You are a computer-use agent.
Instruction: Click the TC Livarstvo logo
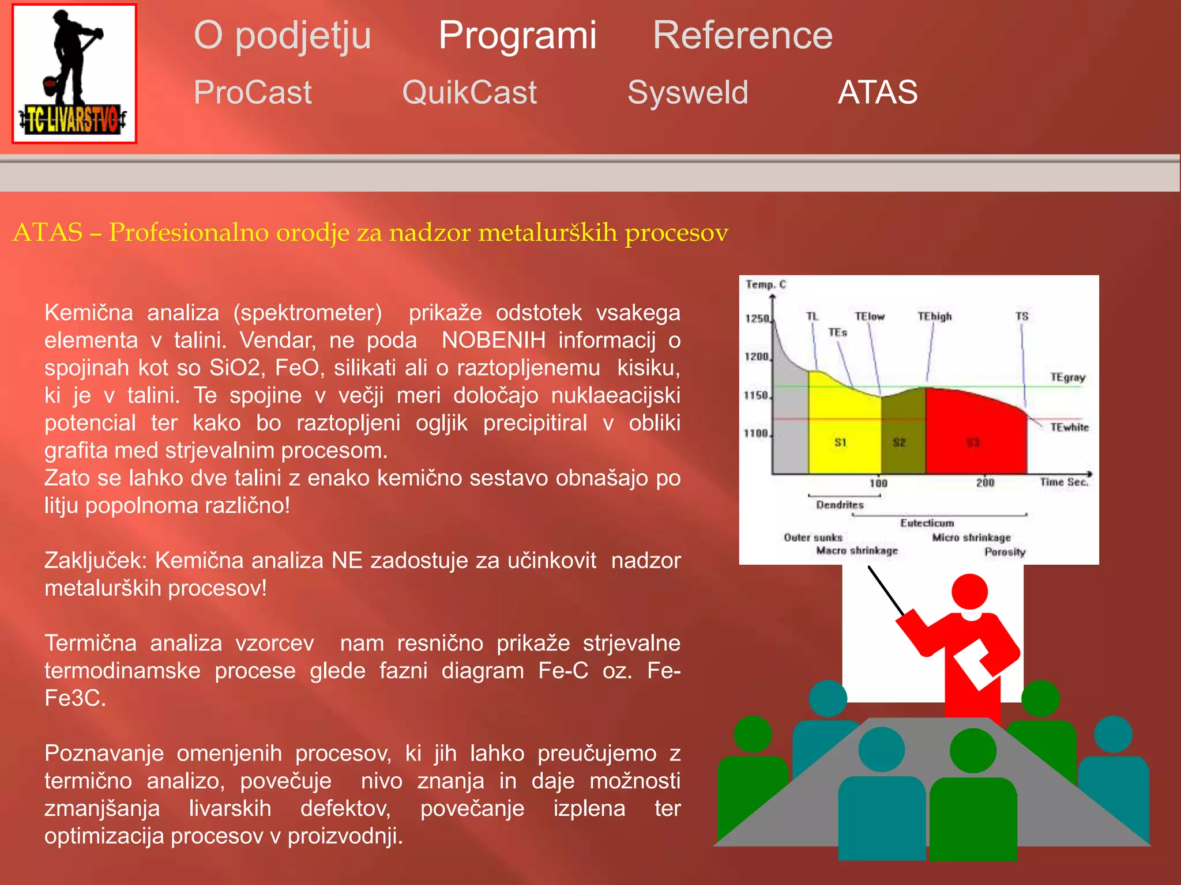click(x=74, y=74)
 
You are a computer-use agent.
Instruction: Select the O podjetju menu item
click(x=282, y=36)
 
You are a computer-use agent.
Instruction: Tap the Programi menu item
click(x=517, y=36)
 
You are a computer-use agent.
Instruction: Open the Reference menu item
click(x=742, y=36)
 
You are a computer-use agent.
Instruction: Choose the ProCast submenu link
click(x=253, y=92)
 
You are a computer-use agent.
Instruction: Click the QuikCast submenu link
click(x=469, y=92)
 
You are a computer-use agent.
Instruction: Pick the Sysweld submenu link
click(x=687, y=92)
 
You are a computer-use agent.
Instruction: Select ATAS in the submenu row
click(x=877, y=92)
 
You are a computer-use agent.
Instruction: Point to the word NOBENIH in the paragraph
click(x=493, y=340)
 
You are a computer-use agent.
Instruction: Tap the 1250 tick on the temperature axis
click(x=757, y=319)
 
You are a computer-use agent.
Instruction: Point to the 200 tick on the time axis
click(x=985, y=483)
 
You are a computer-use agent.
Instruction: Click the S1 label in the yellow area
click(x=840, y=442)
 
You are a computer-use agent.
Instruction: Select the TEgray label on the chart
click(x=1067, y=377)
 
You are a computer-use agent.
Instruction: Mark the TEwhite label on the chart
click(x=1069, y=428)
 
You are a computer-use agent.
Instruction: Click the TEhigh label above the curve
click(x=934, y=316)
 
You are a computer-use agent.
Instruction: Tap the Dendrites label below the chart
click(x=840, y=505)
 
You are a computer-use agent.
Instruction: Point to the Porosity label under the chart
click(x=1005, y=552)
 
